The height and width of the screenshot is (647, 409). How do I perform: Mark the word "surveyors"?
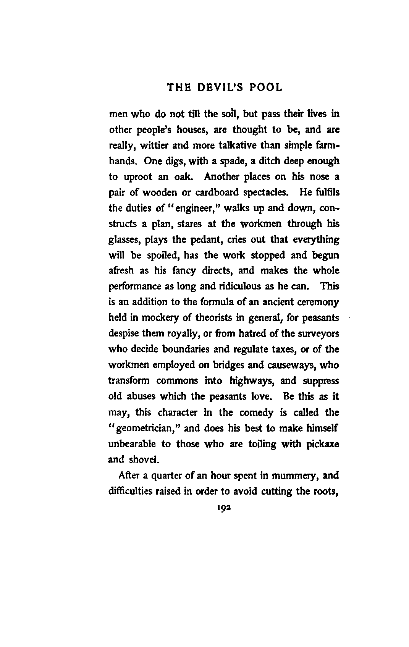point(318,333)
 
